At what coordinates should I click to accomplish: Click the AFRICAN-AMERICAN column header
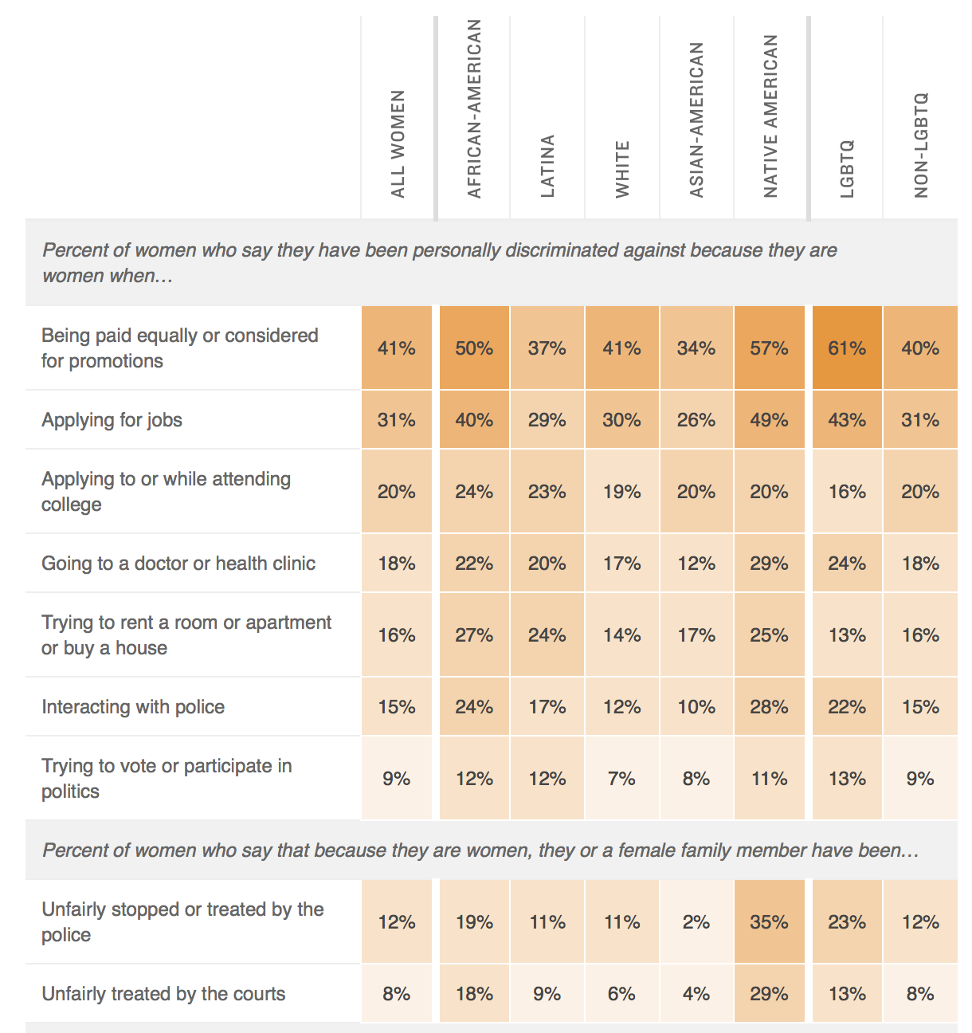coord(474,109)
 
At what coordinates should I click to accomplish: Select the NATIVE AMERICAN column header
coord(770,116)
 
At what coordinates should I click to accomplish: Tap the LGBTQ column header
coord(847,169)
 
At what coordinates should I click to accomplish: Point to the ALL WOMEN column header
coord(398,144)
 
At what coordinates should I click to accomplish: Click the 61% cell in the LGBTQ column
coord(847,348)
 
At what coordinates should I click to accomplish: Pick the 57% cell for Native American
coord(770,348)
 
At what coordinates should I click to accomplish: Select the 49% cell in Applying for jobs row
coord(770,420)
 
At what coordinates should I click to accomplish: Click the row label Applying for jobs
coord(112,420)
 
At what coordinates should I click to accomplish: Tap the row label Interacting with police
coord(133,707)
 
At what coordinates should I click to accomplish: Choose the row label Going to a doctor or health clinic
coord(178,564)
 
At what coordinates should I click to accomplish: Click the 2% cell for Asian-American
coord(696,922)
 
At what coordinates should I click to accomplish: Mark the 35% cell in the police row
coord(770,922)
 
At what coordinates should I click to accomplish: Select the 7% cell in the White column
coord(621,779)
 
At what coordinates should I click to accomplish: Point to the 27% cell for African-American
coord(474,635)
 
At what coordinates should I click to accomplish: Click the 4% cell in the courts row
coord(696,994)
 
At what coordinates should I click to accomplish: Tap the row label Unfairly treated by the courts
coord(163,994)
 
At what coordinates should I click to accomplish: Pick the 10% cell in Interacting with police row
coord(696,707)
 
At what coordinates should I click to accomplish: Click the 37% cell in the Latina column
coord(547,348)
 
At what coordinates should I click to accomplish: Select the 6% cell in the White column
coord(621,994)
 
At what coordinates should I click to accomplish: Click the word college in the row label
coord(72,505)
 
